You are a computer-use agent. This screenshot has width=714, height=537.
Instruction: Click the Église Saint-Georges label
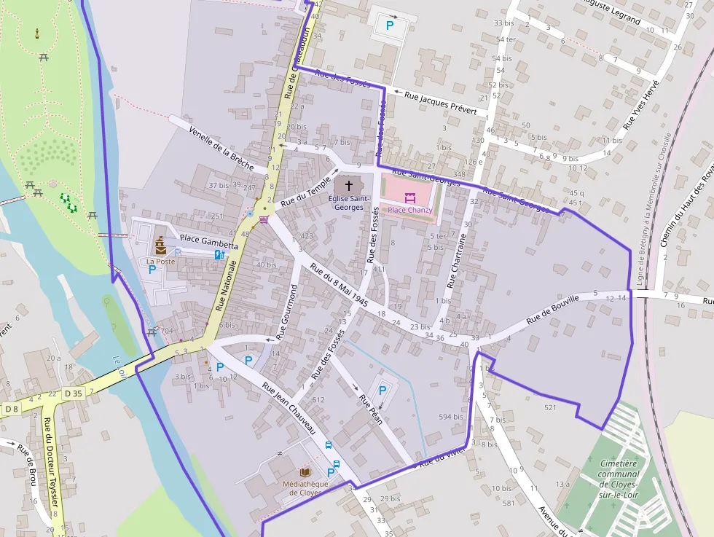(348, 203)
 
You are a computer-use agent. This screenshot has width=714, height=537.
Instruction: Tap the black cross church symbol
(348, 186)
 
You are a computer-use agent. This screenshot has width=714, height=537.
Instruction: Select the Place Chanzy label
(410, 210)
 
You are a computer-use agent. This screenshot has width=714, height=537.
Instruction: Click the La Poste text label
(160, 261)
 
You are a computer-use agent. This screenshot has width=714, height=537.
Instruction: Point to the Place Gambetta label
(208, 242)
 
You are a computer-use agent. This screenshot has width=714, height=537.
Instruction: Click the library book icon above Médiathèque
(305, 472)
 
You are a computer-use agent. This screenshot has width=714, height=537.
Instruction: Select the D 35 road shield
(73, 393)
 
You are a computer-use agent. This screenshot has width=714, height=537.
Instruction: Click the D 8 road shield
(11, 409)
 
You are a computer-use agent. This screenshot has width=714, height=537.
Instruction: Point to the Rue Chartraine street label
(456, 262)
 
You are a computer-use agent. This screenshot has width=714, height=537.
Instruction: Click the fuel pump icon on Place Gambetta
(219, 254)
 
